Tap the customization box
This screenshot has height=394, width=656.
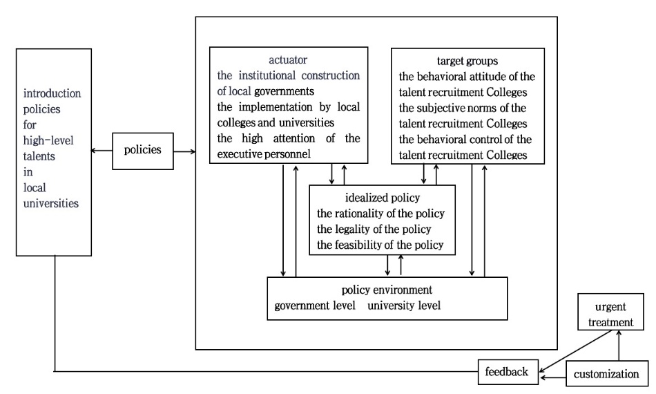coord(607,374)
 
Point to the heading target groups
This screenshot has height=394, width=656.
coord(467,60)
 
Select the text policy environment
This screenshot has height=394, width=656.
coord(387,289)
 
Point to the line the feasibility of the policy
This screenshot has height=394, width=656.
coord(380,245)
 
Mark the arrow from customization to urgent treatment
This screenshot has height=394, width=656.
coord(619,345)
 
